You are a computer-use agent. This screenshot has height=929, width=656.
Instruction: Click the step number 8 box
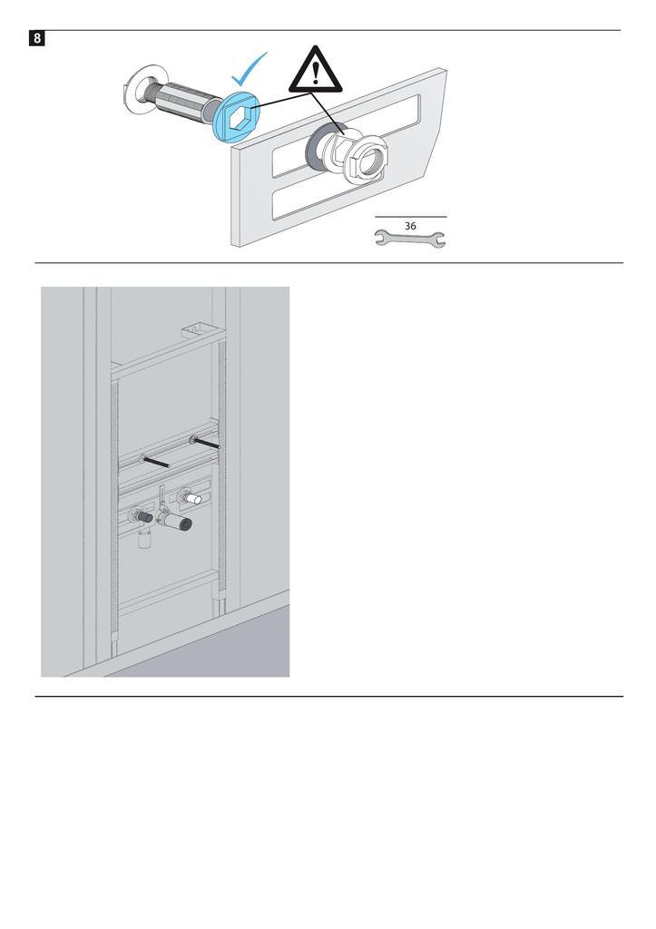click(x=36, y=39)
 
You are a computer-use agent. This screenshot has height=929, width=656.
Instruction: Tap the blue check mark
click(x=248, y=70)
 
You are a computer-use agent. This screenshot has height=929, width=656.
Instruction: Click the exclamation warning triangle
click(x=315, y=70)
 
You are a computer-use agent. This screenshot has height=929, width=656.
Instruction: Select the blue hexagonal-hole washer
click(x=237, y=115)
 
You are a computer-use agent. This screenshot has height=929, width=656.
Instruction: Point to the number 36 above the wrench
click(x=410, y=226)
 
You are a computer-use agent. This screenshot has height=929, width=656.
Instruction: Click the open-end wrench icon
click(x=409, y=239)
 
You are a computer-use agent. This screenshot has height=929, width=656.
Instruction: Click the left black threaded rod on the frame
click(x=155, y=462)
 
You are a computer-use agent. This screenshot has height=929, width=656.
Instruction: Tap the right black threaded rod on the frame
click(x=206, y=442)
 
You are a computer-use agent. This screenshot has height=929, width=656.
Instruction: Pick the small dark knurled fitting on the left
click(x=142, y=517)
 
